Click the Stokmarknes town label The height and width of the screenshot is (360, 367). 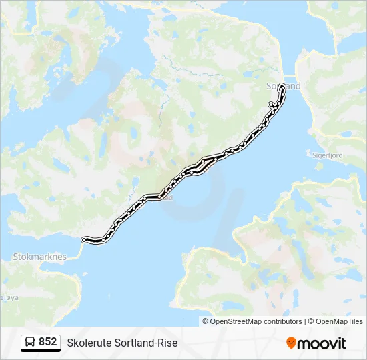point(39,255)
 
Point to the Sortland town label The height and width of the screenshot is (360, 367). point(284,86)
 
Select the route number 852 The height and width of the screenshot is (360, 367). point(48,342)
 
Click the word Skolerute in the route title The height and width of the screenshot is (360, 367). point(89,343)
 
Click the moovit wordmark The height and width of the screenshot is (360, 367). point(322,343)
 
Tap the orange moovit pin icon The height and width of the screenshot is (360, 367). point(291,343)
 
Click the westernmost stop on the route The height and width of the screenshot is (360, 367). point(83,239)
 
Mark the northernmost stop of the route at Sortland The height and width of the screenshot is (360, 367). point(282,86)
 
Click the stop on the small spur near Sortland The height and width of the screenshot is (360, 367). point(270,104)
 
